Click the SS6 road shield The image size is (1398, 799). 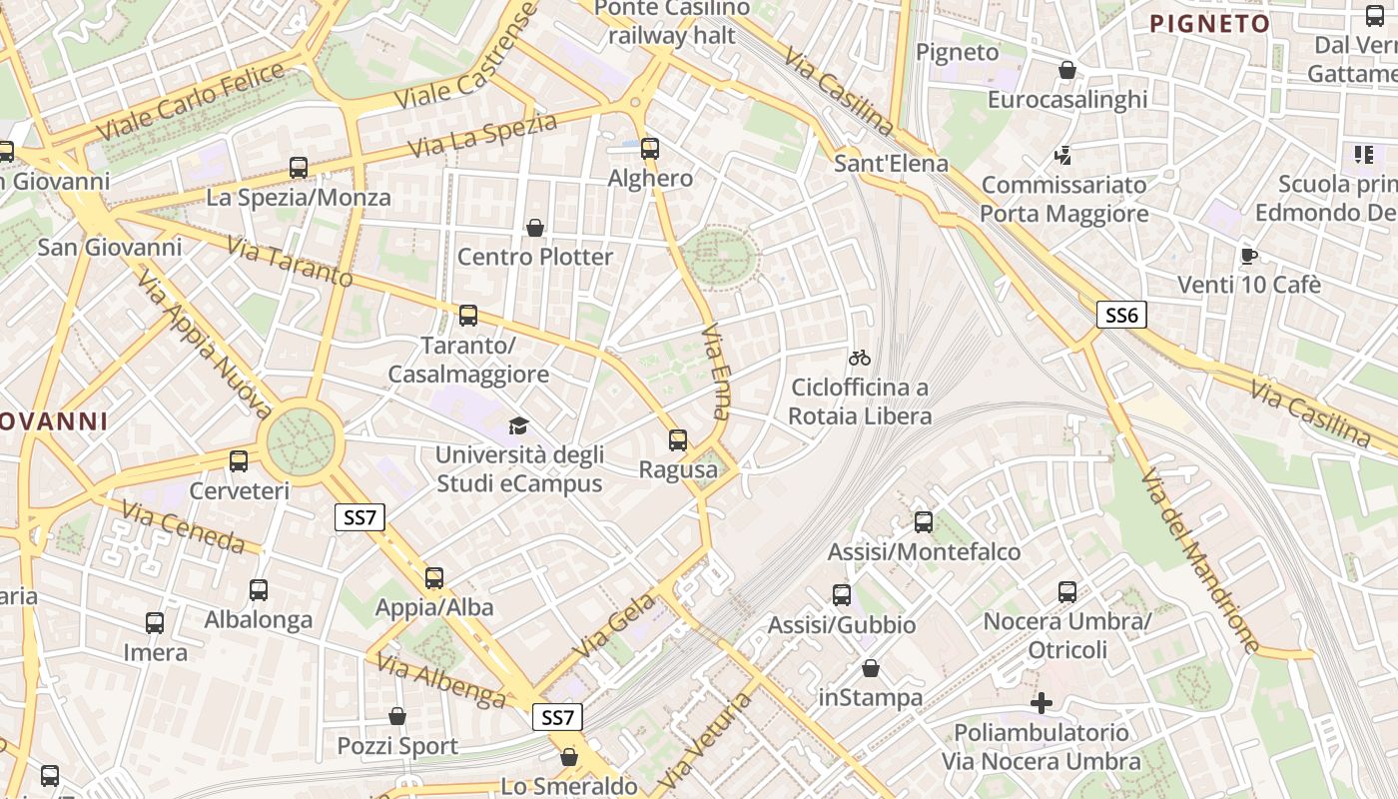[1121, 316]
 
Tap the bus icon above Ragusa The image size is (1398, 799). [678, 439]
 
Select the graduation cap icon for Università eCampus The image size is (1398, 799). [518, 426]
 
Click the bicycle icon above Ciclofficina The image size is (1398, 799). [860, 357]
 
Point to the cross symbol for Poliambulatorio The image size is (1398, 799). [1042, 703]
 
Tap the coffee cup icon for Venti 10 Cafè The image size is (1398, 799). [1248, 256]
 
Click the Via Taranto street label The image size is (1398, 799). [290, 261]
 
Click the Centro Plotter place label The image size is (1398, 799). [535, 257]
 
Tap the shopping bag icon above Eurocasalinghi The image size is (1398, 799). [1067, 70]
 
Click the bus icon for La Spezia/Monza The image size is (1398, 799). [299, 167]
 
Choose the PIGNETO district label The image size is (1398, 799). [1209, 23]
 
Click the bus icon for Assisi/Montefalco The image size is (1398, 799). [924, 521]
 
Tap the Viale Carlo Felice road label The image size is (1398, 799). [189, 100]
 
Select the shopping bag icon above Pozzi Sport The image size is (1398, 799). [397, 716]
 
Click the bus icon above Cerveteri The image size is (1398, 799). [239, 460]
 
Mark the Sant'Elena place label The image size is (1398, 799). [891, 163]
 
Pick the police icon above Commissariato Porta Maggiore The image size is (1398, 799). [1063, 156]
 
